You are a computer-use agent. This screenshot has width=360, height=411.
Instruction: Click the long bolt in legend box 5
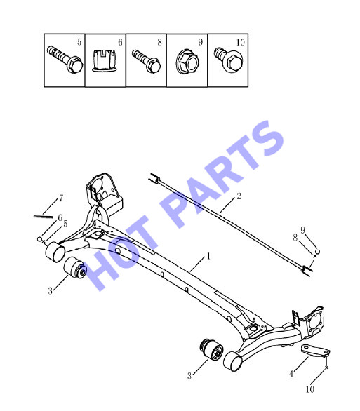(x=65, y=59)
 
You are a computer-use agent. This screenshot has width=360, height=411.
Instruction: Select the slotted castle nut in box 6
(x=104, y=61)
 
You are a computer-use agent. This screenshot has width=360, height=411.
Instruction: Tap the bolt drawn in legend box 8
(x=146, y=61)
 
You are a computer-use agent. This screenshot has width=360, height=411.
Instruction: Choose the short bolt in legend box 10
(x=228, y=59)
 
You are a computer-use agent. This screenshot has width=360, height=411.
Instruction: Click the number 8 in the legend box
(x=159, y=42)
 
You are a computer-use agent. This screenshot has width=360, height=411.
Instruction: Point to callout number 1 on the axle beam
(x=208, y=256)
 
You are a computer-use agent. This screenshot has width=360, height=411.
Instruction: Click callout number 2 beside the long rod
(x=239, y=196)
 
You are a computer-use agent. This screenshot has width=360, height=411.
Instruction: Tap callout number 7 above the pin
(x=61, y=198)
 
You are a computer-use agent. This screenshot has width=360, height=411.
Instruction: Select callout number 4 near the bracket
(x=291, y=374)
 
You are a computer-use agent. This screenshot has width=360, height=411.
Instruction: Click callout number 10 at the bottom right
(x=309, y=389)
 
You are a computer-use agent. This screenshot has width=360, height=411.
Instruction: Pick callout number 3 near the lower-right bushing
(x=189, y=376)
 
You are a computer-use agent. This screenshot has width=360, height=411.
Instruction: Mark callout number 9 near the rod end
(x=303, y=230)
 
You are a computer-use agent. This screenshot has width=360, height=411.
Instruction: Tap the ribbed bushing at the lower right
(x=211, y=351)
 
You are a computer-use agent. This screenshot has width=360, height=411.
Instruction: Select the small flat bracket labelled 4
(x=315, y=351)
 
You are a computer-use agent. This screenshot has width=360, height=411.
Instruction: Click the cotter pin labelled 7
(x=44, y=217)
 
